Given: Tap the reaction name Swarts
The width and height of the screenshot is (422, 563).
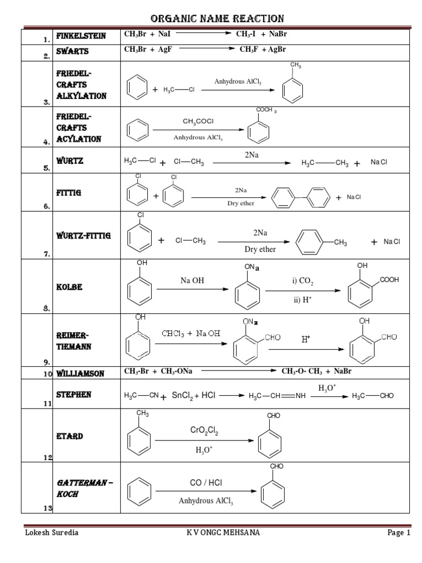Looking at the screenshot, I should (71, 52).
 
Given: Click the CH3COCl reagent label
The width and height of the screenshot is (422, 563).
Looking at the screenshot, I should (198, 120).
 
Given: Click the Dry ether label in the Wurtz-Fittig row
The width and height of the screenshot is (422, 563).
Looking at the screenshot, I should (260, 249).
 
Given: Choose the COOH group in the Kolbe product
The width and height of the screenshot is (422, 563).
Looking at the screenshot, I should (388, 280).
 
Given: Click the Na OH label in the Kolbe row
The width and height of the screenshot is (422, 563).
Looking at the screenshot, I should (192, 280).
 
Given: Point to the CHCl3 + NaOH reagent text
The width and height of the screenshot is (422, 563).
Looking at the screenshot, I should (191, 333).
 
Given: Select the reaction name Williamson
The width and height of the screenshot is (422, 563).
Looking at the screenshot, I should (80, 373).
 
